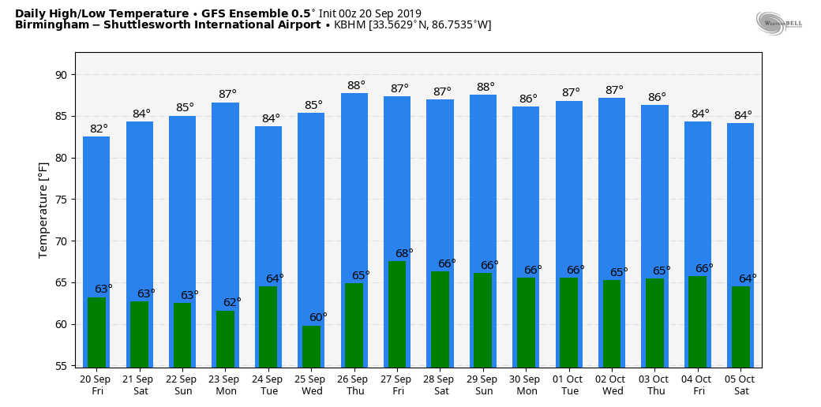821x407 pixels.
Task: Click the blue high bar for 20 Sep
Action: (96, 213)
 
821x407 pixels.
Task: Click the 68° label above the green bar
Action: (404, 253)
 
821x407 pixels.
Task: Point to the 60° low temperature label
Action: (318, 317)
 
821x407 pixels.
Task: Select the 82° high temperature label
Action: (99, 129)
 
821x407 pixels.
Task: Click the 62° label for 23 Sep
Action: (232, 302)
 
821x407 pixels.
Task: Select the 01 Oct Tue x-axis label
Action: (570, 385)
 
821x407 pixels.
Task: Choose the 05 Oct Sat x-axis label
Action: (741, 385)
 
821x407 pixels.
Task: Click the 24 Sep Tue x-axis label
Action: (268, 385)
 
